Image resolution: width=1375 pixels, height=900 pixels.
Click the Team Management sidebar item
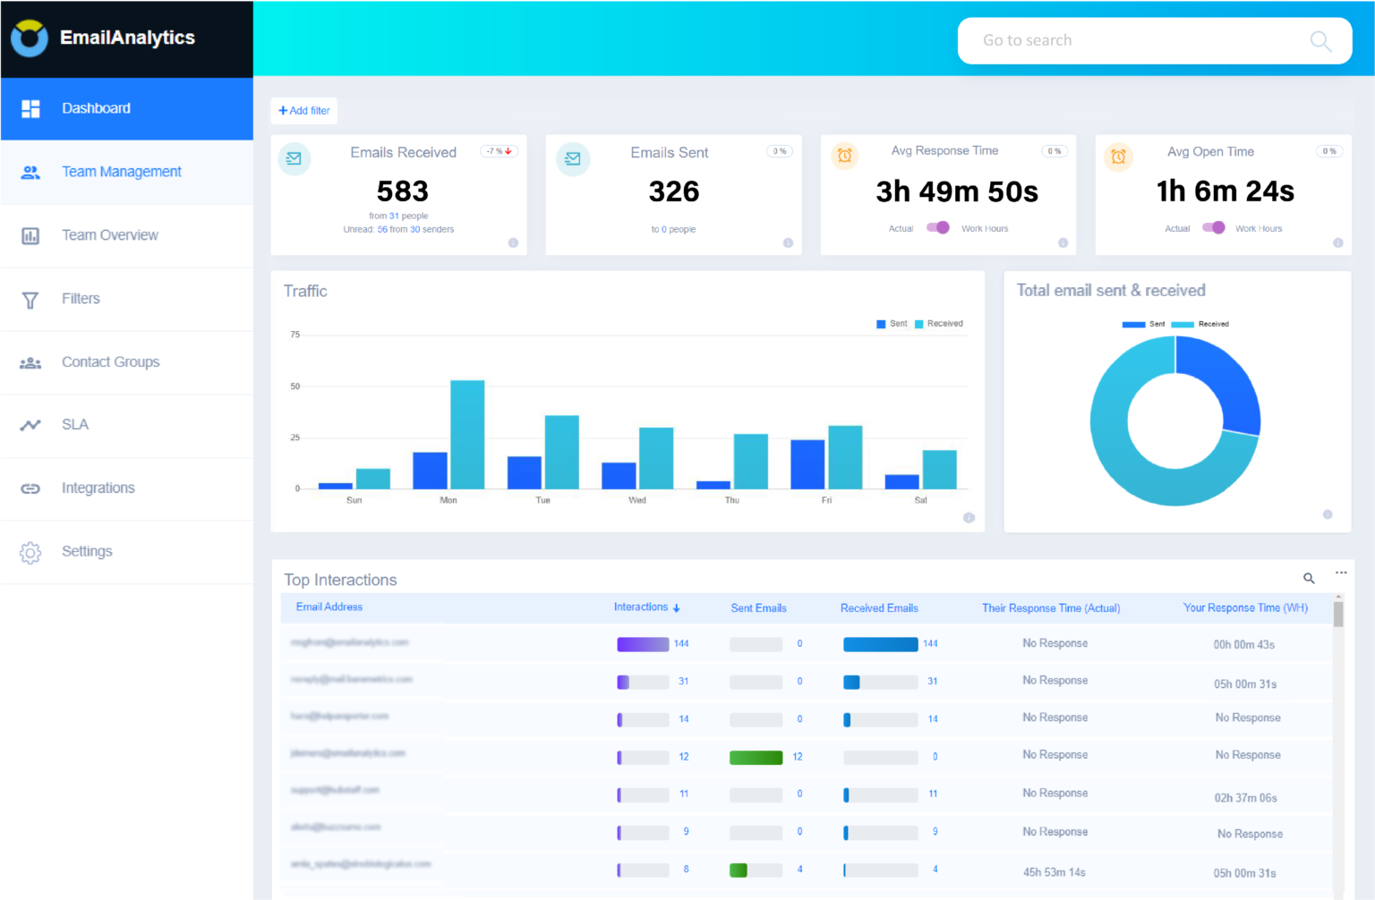point(121,172)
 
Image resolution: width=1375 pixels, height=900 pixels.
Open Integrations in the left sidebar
point(98,488)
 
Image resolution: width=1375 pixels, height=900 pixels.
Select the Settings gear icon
point(30,553)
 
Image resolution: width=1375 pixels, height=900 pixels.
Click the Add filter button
point(304,111)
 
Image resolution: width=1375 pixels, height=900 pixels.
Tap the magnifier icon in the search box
point(1320,41)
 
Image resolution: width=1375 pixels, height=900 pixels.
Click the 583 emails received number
point(402,191)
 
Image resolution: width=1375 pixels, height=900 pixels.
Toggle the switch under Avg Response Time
point(938,227)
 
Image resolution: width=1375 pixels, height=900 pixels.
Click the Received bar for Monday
point(467,435)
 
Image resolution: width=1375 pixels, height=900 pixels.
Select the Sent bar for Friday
point(807,464)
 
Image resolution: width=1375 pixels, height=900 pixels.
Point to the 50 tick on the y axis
point(295,386)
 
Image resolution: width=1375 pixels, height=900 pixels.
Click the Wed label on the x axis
point(637,500)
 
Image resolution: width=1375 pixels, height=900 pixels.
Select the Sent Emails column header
point(758,608)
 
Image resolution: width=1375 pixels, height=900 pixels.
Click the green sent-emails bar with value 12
point(756,758)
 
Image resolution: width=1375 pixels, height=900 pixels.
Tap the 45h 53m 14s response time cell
point(1055,872)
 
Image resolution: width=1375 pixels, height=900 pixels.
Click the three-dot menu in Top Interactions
point(1341,573)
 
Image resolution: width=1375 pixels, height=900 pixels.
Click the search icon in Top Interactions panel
point(1309,579)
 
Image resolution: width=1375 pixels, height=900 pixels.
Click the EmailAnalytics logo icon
point(30,38)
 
